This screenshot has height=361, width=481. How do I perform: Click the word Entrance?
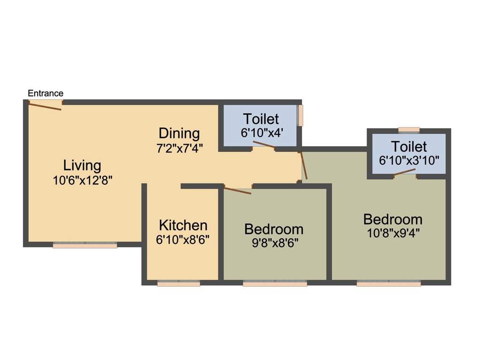coord(46,93)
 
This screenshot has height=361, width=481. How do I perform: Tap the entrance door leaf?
coord(45,106)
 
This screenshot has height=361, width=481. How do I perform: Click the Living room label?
coord(82,165)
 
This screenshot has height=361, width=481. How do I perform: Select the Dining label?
coord(179,133)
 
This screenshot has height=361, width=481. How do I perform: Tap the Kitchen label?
coord(183,225)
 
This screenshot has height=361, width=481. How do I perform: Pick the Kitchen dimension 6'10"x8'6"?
coord(183,239)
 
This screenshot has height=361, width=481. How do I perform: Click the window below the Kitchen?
coord(178,283)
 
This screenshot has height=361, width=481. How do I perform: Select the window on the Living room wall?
coord(85,245)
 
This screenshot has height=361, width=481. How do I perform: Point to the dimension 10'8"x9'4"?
coord(393,233)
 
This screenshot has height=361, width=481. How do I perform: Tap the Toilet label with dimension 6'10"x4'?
coord(261,119)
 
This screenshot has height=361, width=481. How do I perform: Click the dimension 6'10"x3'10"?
coord(409,159)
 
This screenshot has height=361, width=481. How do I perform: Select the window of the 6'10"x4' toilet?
coord(301,115)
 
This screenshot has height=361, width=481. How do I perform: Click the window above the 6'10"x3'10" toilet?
coord(409,130)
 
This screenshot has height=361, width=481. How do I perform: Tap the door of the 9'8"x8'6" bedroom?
coord(238,190)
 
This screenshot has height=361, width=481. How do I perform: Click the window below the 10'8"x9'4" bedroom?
coord(388,283)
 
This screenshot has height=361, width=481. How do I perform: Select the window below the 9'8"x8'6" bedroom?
coord(275,283)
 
